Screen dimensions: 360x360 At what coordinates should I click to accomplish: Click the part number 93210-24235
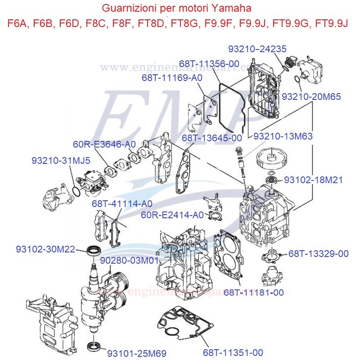point(257,49)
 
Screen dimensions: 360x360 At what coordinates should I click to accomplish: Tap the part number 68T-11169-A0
point(172,78)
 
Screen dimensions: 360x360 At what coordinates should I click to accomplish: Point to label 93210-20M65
point(311,96)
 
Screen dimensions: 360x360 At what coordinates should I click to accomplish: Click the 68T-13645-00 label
point(211,137)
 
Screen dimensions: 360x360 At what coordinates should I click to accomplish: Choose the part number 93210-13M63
point(283,135)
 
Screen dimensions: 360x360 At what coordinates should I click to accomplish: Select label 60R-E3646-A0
point(104,144)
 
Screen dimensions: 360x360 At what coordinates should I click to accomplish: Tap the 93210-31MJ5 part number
point(61,160)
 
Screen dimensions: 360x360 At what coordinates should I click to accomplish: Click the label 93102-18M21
point(313,180)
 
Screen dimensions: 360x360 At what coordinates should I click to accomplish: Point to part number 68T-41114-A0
point(122,203)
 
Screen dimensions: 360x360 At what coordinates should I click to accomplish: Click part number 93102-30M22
point(45,249)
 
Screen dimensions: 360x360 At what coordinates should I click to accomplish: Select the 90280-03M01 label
point(130,261)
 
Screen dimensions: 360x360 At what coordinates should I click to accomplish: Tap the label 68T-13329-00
point(318,254)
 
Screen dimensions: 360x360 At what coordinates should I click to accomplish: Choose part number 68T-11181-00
point(254,292)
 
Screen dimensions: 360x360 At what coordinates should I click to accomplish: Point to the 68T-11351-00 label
point(233,352)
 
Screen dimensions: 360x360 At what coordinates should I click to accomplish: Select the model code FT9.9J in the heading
point(333,23)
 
